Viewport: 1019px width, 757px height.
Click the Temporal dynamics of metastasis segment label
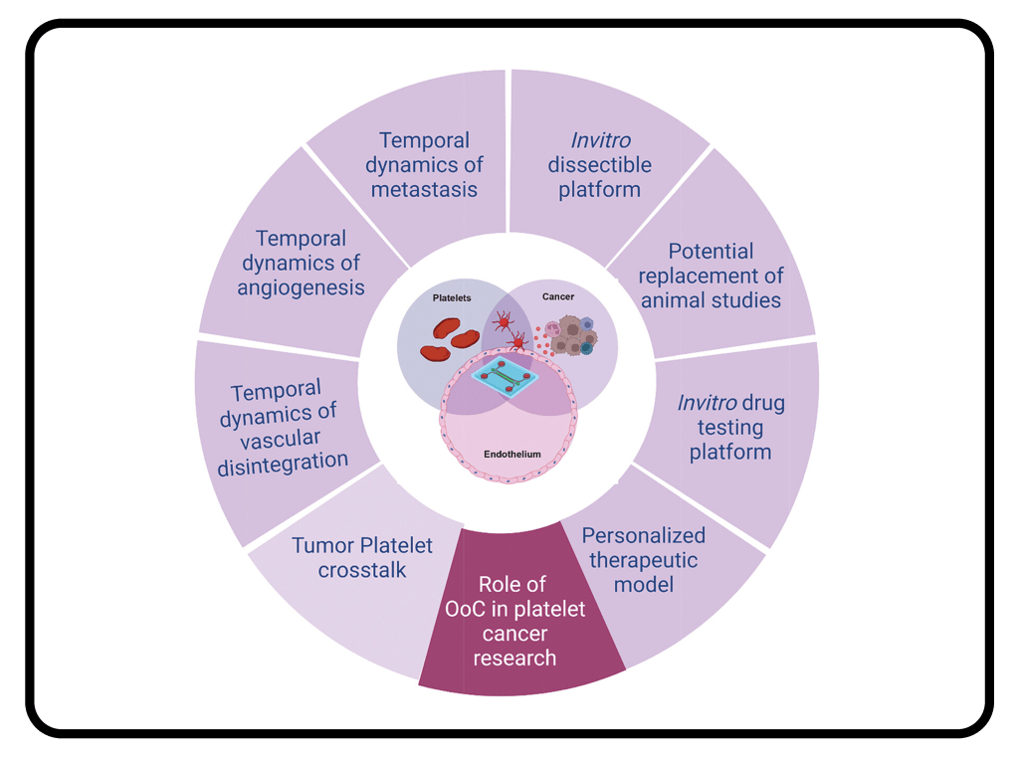pos(424,164)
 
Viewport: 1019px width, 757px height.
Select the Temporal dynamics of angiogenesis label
pos(301,263)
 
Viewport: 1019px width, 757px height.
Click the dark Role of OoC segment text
pos(514,621)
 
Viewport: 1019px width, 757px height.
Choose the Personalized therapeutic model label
pos(643,559)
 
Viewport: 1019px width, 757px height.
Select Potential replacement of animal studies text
pos(711,276)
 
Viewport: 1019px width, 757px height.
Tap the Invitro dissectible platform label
pos(599,164)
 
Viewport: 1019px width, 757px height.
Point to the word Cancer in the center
pos(558,296)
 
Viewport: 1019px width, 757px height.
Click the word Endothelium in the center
pos(512,454)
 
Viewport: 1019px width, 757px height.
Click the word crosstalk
pos(362,570)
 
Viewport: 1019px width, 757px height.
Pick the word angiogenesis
pos(301,287)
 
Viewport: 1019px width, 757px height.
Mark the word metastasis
pos(424,189)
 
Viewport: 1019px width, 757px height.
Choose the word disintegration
pos(283,462)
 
